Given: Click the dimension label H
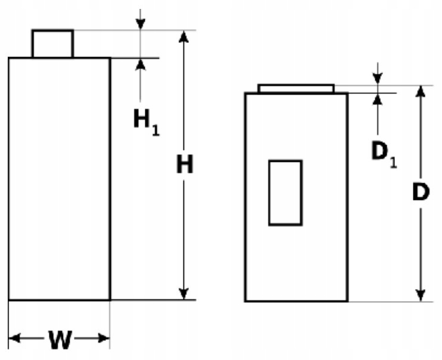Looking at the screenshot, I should pyautogui.click(x=185, y=165).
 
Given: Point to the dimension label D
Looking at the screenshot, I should pyautogui.click(x=421, y=193).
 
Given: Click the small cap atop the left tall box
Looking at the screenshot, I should pyautogui.click(x=52, y=43).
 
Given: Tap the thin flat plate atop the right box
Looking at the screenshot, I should pyautogui.click(x=295, y=89).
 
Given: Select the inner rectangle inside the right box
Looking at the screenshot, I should pyautogui.click(x=285, y=192).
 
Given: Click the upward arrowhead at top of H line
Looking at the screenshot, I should pyautogui.click(x=184, y=36).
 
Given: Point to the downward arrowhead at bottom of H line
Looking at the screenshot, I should pyautogui.click(x=185, y=293).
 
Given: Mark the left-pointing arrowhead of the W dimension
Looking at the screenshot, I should pyautogui.click(x=15, y=339).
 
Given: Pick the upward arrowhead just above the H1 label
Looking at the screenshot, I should pyautogui.click(x=141, y=63).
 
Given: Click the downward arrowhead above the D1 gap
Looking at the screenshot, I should pyautogui.click(x=377, y=79).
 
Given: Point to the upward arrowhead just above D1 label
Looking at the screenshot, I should pyautogui.click(x=377, y=99).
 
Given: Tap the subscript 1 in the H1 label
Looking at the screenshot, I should pyautogui.click(x=155, y=129).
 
